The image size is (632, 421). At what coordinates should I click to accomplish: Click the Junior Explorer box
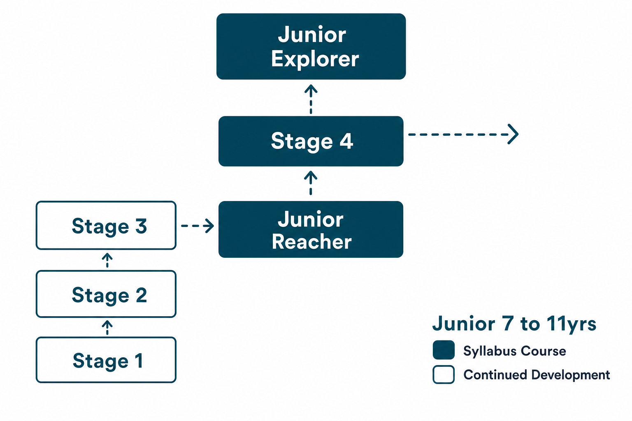point(311,46)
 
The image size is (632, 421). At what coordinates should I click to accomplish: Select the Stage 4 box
point(311,141)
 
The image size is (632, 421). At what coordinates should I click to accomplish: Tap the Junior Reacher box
point(311,229)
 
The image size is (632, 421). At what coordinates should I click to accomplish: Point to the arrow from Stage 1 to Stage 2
point(107,328)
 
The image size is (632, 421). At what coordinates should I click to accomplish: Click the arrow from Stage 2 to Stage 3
point(107,260)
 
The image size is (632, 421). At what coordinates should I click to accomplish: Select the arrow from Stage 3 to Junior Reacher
point(197,226)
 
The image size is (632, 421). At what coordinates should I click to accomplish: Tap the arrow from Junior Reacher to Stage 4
point(311,183)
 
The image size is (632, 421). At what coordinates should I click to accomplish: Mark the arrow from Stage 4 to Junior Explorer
point(311,99)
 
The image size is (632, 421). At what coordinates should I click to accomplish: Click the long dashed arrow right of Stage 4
point(463,134)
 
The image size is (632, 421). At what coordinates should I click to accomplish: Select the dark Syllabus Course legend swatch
point(444,350)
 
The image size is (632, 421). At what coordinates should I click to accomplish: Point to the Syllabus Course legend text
point(515,351)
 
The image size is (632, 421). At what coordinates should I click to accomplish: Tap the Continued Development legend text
point(537,375)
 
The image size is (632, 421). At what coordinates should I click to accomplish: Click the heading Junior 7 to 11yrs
point(514,324)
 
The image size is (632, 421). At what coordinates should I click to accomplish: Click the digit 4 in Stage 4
point(346,141)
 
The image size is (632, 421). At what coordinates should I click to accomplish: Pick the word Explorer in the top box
point(315,59)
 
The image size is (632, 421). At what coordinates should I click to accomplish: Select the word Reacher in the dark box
point(312,242)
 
